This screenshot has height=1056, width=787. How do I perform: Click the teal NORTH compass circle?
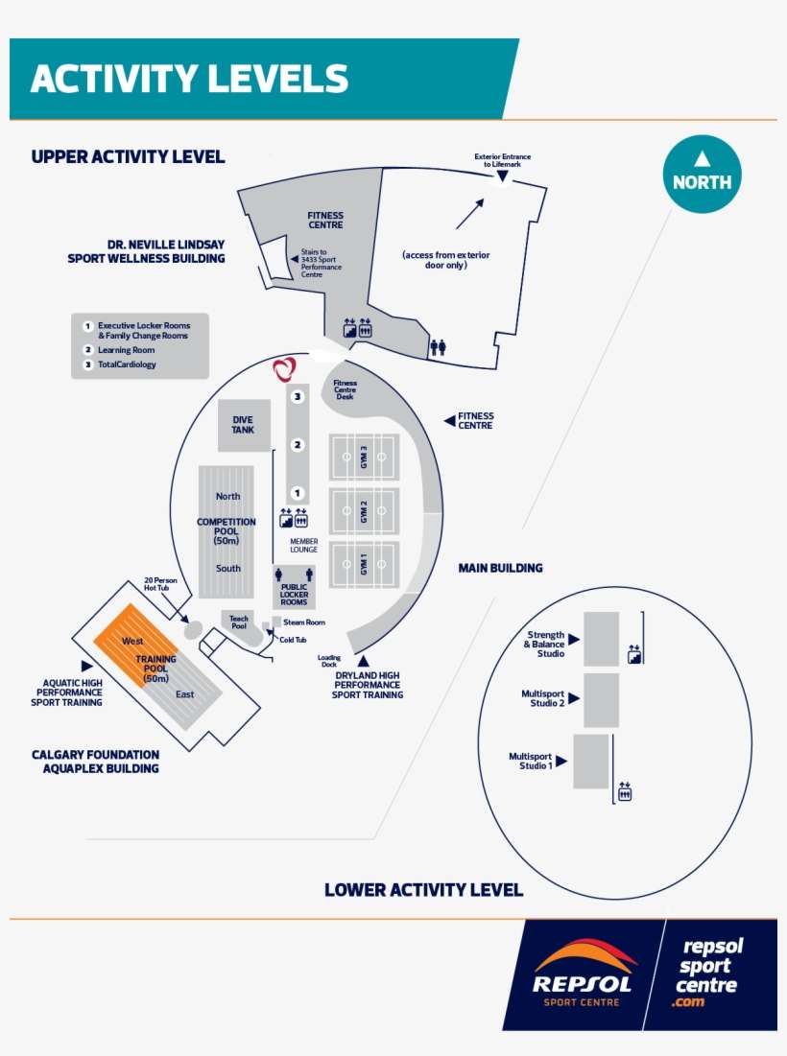702,175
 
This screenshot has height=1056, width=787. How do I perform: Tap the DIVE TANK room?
243,425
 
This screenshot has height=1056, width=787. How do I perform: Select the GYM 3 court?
364,457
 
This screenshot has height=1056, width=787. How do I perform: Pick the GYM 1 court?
364,566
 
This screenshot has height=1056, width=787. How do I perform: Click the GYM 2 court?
364,511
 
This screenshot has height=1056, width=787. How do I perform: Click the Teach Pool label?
239,622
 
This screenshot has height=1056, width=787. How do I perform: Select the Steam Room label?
303,622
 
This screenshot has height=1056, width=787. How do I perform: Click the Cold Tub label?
293,640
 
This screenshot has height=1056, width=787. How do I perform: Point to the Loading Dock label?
329,661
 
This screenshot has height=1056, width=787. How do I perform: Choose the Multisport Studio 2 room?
601,699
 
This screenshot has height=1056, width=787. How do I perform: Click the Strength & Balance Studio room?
602,639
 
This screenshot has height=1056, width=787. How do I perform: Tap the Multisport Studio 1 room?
591,761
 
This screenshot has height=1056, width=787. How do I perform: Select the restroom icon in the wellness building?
438,347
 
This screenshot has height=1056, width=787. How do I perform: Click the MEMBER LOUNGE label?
303,545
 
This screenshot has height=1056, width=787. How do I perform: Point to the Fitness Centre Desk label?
345,389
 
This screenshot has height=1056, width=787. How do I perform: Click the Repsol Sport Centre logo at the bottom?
583,974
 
